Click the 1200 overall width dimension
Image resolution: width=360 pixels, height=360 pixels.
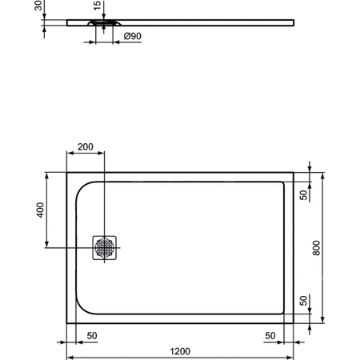[x=180, y=350]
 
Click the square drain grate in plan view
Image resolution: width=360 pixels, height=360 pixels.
[x=105, y=248]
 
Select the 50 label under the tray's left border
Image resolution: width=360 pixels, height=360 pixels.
[x=92, y=334]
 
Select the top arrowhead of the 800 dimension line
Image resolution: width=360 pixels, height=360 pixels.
[x=322, y=174]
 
